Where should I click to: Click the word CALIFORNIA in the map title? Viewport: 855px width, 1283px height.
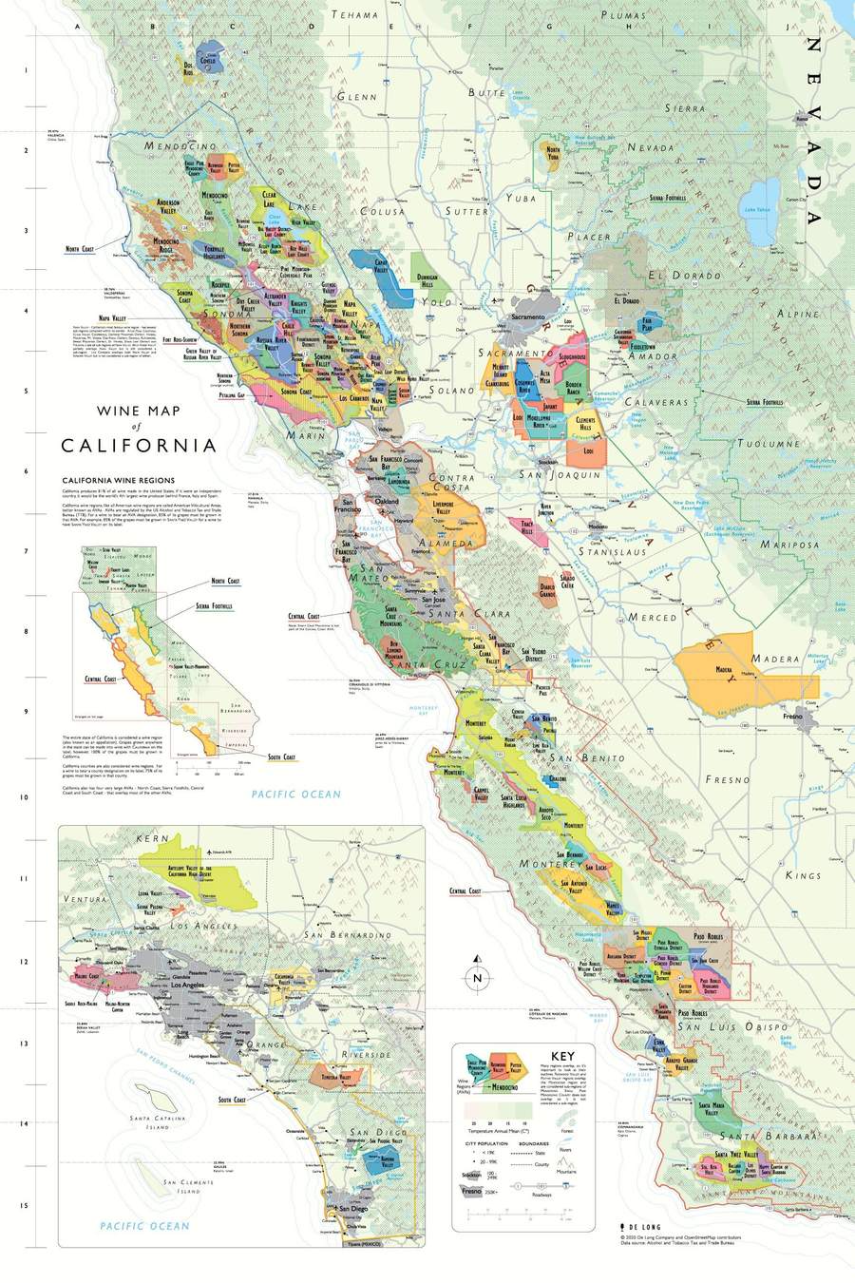[139, 445]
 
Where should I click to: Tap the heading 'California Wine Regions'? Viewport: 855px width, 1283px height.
[118, 481]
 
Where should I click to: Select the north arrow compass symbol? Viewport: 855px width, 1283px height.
[477, 978]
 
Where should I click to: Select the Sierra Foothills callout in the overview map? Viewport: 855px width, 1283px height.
[215, 605]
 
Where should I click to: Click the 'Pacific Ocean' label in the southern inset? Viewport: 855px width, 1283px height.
[144, 1226]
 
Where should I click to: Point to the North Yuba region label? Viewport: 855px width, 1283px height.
[553, 155]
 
